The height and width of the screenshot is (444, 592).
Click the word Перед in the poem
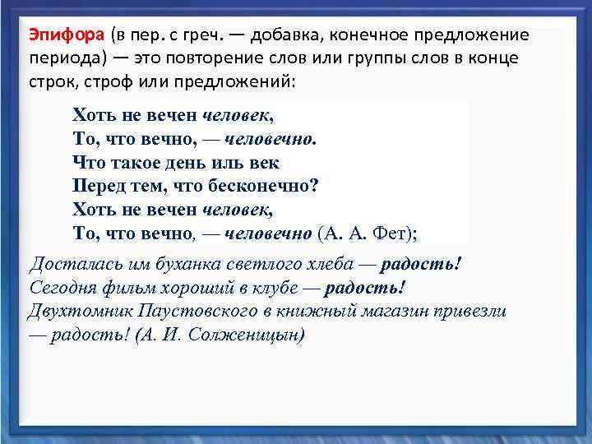click(99, 186)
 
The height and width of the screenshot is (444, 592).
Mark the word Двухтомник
click(80, 312)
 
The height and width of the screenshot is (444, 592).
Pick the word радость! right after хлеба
click(421, 265)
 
